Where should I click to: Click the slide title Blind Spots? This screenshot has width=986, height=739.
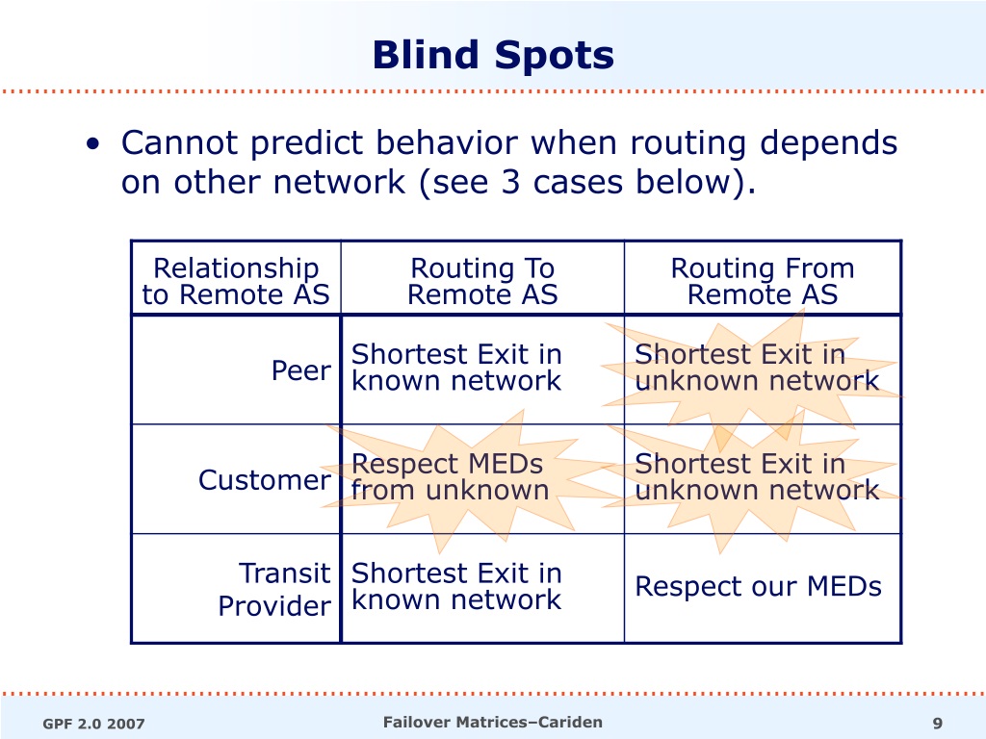tap(493, 55)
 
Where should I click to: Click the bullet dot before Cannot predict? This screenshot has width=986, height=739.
tap(93, 144)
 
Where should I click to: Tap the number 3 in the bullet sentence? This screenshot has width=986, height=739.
tap(510, 182)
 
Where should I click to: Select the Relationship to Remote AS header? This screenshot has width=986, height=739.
tap(236, 281)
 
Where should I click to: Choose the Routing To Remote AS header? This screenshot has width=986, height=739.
tap(482, 281)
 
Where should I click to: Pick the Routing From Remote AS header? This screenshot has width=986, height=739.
tap(763, 281)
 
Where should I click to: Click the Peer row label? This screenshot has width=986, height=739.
tap(300, 370)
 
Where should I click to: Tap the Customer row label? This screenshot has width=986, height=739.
tap(264, 480)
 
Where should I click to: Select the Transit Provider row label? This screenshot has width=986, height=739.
tap(274, 590)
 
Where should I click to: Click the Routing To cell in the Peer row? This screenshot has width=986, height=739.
tap(455, 368)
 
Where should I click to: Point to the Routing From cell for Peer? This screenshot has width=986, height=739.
tap(757, 368)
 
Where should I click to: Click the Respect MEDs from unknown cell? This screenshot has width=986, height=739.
tap(450, 477)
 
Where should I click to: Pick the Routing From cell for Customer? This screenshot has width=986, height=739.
tap(757, 477)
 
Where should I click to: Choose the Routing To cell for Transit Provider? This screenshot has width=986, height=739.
tap(455, 586)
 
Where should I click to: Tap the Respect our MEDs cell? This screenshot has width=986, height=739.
tap(759, 586)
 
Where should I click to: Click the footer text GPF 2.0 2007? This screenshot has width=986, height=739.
tap(93, 724)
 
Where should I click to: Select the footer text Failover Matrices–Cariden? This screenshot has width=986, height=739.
tap(493, 722)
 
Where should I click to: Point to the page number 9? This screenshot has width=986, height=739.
tap(938, 724)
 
